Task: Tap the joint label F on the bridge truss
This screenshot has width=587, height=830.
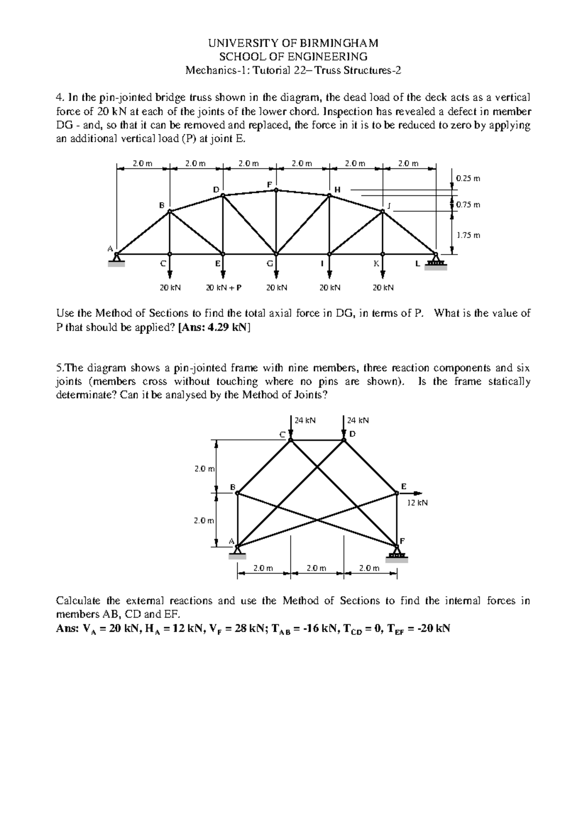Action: [x=269, y=184]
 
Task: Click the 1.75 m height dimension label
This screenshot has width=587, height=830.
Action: [x=468, y=235]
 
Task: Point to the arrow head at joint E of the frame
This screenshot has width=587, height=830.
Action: [x=417, y=493]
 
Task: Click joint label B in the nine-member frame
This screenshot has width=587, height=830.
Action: [x=233, y=486]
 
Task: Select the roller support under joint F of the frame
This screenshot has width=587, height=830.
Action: [x=397, y=555]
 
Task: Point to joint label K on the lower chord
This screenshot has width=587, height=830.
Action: [x=376, y=263]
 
